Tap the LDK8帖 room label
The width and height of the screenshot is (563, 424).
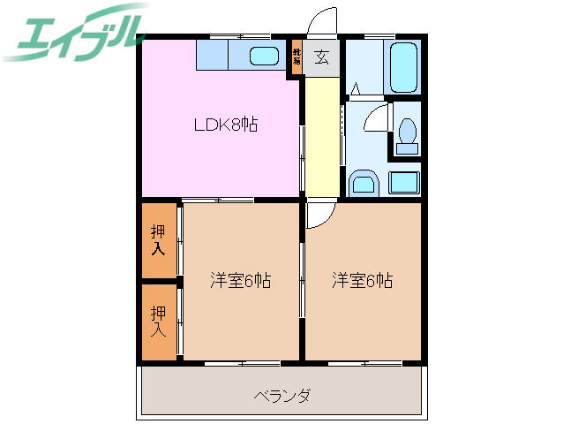click(226, 125)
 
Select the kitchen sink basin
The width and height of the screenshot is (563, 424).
click(264, 57)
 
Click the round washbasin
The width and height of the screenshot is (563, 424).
click(363, 184)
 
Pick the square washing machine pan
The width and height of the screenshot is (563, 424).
click(405, 183)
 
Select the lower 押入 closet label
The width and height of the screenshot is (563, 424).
click(158, 321)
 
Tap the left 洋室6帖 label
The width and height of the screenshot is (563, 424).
click(240, 281)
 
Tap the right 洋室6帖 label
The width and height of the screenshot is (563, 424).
click(362, 281)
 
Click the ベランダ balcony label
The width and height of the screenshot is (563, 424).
click(281, 395)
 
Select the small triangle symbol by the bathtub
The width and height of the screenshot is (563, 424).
click(355, 89)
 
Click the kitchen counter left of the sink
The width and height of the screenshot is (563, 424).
click(212, 57)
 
